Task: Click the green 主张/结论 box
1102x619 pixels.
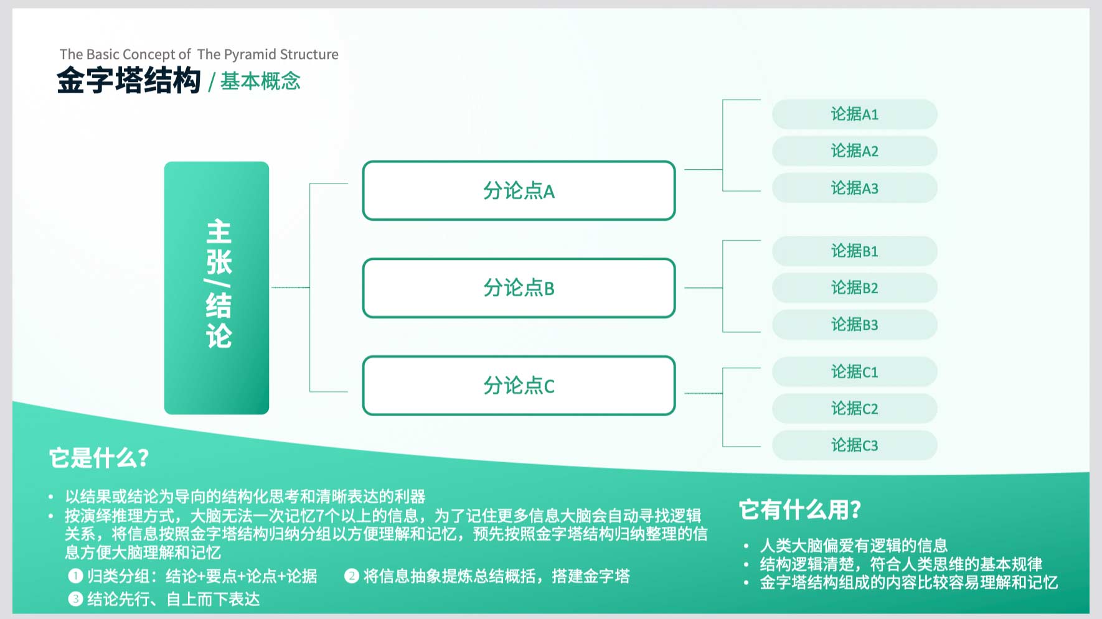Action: [x=217, y=288]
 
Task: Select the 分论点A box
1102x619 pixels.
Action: [x=519, y=190]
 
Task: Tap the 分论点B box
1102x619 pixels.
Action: [x=519, y=288]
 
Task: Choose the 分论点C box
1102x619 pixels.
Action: [x=519, y=386]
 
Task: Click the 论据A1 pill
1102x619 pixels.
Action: [x=855, y=114]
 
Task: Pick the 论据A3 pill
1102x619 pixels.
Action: [x=855, y=188]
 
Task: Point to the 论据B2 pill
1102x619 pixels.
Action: [x=855, y=287]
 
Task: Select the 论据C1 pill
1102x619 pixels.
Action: [x=855, y=372]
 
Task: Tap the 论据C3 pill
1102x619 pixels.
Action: [x=855, y=445]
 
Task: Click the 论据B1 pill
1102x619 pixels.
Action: [x=855, y=251]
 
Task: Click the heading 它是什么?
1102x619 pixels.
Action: [x=99, y=458]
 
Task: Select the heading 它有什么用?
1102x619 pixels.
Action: [x=800, y=510]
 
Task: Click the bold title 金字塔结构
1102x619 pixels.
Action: [x=129, y=81]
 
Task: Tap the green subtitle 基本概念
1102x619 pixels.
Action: [x=260, y=81]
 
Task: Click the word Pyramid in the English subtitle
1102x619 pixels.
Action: [x=250, y=55]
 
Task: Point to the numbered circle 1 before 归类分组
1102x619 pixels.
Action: [x=75, y=576]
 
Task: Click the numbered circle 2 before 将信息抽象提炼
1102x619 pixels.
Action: [x=351, y=576]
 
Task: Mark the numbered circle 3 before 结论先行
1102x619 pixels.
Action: [x=75, y=599]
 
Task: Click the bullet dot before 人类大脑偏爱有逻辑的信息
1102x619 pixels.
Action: [x=746, y=546]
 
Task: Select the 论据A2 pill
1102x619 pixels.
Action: [x=855, y=151]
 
